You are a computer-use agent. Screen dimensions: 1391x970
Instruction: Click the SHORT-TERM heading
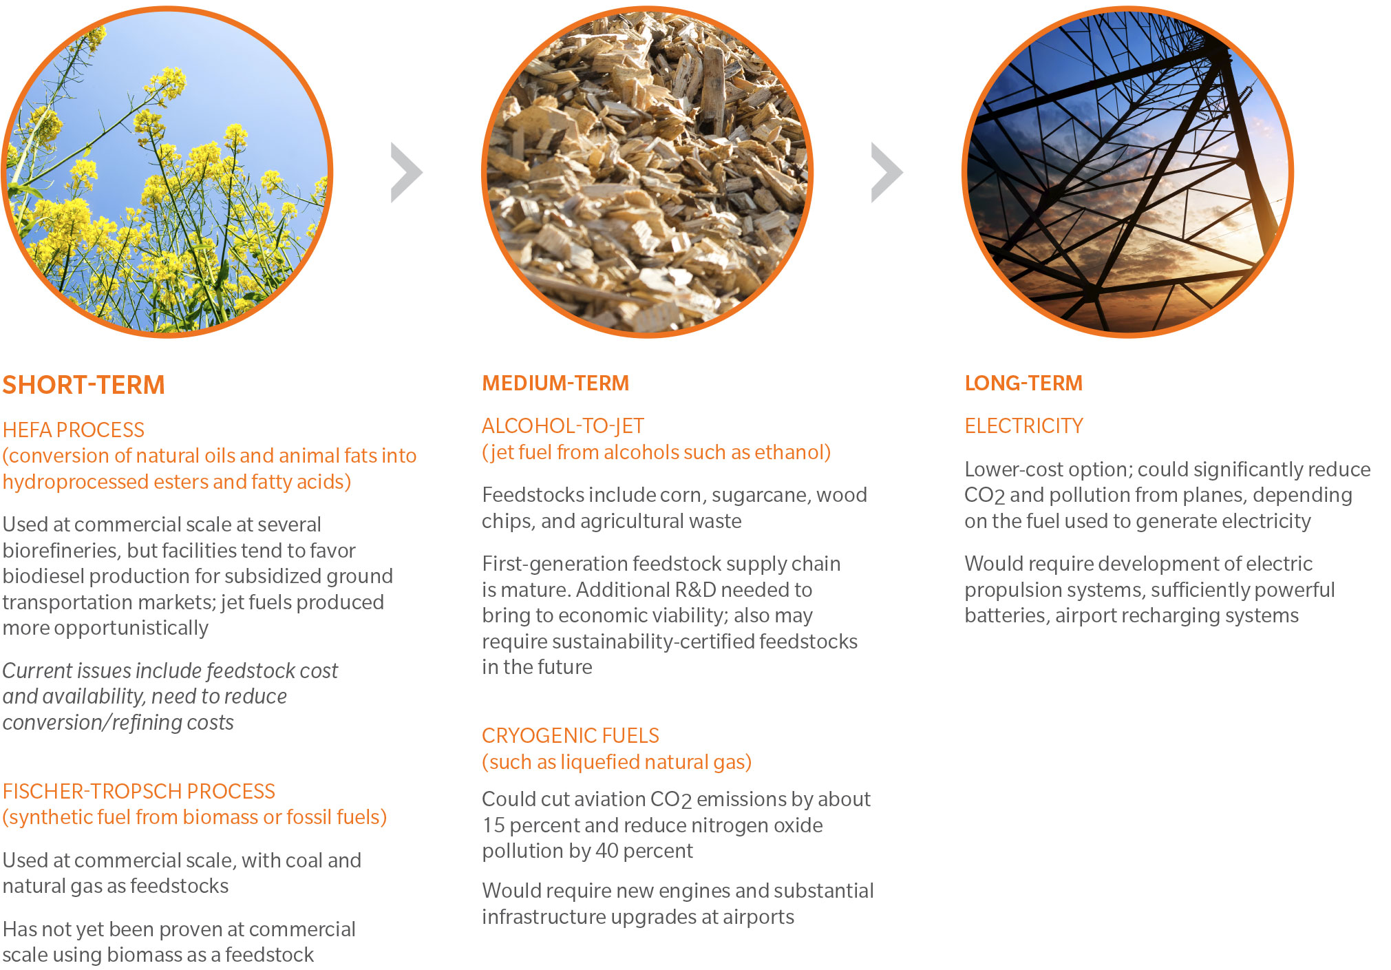(83, 385)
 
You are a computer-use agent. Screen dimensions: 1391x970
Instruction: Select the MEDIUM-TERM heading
(555, 383)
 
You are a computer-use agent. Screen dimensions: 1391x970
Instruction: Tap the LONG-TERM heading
(1023, 383)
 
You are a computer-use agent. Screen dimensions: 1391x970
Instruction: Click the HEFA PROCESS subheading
(74, 430)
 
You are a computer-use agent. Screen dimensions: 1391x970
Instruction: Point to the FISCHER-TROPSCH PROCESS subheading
(138, 791)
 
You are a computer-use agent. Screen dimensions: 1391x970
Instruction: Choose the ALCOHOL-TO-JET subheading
(563, 426)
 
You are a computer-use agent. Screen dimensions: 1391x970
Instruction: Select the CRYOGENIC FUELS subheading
(571, 736)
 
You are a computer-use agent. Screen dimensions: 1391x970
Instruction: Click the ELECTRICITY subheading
(1023, 426)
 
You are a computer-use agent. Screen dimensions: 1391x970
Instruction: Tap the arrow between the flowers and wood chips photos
(406, 173)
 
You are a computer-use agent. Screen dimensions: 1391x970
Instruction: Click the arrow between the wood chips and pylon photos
(886, 173)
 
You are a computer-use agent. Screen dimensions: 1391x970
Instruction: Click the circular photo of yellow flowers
(167, 172)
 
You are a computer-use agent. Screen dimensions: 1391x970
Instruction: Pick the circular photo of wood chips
(647, 172)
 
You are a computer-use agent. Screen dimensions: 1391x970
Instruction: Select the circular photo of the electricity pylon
(1127, 172)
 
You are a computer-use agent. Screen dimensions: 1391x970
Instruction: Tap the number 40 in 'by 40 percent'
(607, 851)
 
